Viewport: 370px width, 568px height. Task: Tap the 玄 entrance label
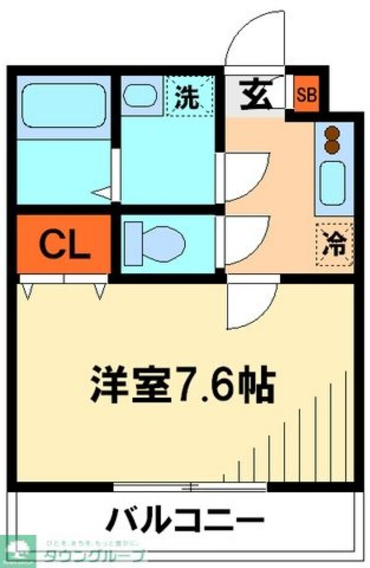[x=255, y=94]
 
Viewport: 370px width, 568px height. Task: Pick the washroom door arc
[x=245, y=177]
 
